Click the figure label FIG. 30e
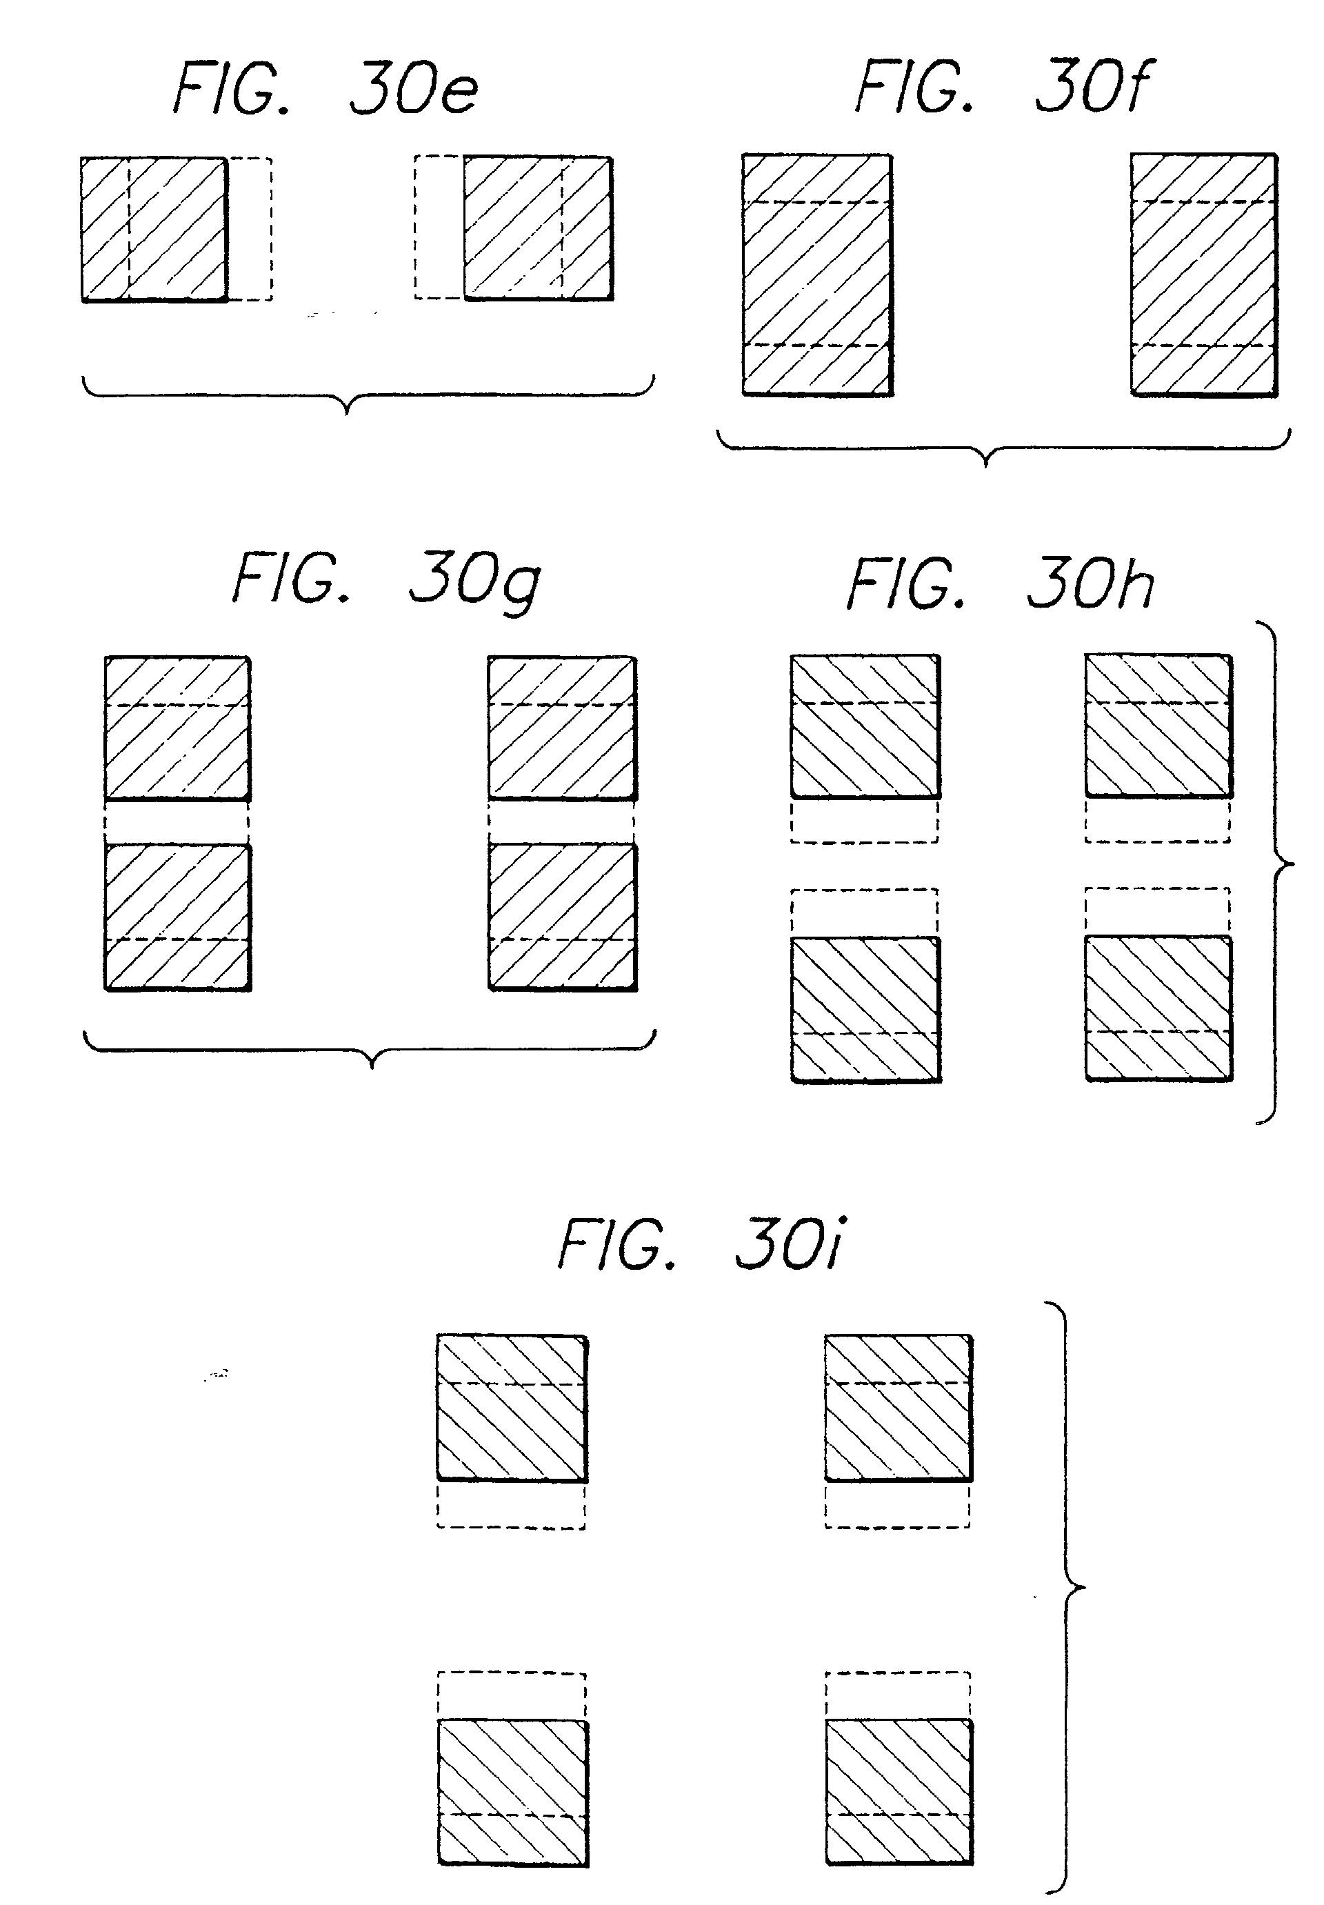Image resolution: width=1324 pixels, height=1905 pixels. [x=325, y=89]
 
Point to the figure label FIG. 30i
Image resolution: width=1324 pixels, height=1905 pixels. [x=702, y=1244]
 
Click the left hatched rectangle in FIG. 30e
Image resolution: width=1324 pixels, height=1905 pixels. [x=154, y=229]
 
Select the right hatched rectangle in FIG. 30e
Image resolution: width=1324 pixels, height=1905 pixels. [x=538, y=228]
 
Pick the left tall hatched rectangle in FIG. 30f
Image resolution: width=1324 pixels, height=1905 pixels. [x=817, y=274]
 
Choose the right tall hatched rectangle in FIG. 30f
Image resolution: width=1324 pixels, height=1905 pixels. [x=1204, y=274]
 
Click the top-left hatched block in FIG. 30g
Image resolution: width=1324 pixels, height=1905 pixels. [x=177, y=728]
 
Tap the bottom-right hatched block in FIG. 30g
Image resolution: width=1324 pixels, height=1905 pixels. [x=563, y=917]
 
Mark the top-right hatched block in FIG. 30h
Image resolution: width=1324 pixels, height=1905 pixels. [x=1158, y=726]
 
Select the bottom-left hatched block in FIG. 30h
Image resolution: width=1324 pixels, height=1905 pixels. [x=865, y=1010]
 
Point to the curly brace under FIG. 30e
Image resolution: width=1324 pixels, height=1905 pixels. [x=368, y=397]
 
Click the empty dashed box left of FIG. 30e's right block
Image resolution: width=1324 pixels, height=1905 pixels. [x=439, y=228]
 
